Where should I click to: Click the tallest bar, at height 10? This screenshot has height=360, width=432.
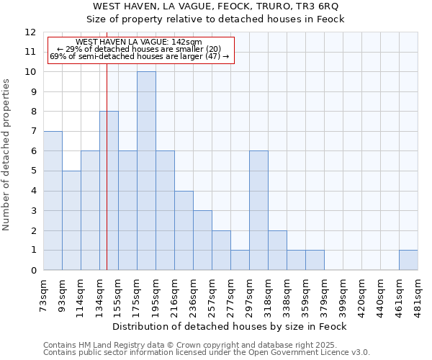tap(146, 171)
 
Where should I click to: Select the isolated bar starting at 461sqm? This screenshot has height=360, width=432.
tap(408, 260)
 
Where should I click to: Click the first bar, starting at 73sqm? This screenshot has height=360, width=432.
tap(53, 201)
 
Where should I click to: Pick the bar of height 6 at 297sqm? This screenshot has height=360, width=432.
tap(258, 210)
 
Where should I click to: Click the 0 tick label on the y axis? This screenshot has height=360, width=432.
tap(32, 271)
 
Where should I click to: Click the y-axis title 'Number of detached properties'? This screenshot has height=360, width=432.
tap(7, 155)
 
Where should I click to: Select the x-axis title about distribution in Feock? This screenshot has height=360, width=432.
tap(230, 326)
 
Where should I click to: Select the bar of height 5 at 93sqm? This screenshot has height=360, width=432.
tap(71, 220)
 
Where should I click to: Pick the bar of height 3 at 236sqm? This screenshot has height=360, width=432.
tap(202, 240)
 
